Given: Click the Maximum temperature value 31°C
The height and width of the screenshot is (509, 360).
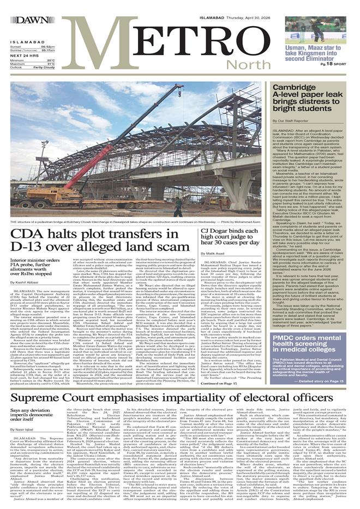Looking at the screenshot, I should [x=51, y=64].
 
